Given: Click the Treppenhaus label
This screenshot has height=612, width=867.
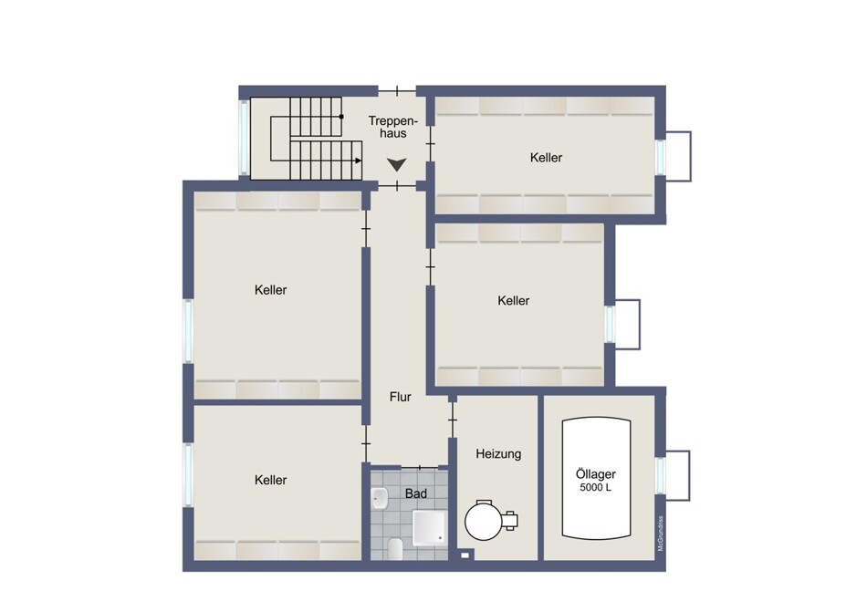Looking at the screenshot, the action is [x=393, y=127].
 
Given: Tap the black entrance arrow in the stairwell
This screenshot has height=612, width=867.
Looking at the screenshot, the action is [x=397, y=164].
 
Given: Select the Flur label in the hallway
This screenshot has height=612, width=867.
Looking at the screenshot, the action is [x=401, y=397].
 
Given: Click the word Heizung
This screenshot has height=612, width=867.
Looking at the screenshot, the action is [x=498, y=454].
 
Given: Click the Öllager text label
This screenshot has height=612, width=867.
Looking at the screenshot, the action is [x=596, y=474].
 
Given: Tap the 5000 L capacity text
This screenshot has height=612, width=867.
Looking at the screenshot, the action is [x=596, y=488].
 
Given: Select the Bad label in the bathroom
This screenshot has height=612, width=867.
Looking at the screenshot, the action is [x=416, y=493].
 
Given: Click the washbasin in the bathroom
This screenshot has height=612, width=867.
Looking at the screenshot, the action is [x=380, y=499].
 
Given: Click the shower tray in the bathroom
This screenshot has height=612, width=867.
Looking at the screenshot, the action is [x=430, y=526].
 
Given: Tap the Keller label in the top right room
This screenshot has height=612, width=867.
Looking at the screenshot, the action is [x=546, y=158].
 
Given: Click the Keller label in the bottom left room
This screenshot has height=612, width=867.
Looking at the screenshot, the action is [x=270, y=481].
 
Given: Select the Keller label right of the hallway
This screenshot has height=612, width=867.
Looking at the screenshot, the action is [x=513, y=301].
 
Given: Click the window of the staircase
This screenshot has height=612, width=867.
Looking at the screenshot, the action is [x=244, y=137].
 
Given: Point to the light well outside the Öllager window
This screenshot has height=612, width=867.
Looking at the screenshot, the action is [x=678, y=475].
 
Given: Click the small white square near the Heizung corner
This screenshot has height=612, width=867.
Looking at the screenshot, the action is [x=465, y=555].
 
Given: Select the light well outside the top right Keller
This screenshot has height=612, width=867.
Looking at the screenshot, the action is [x=678, y=156].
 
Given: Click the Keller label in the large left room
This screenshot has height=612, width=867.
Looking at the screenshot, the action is [x=270, y=291].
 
